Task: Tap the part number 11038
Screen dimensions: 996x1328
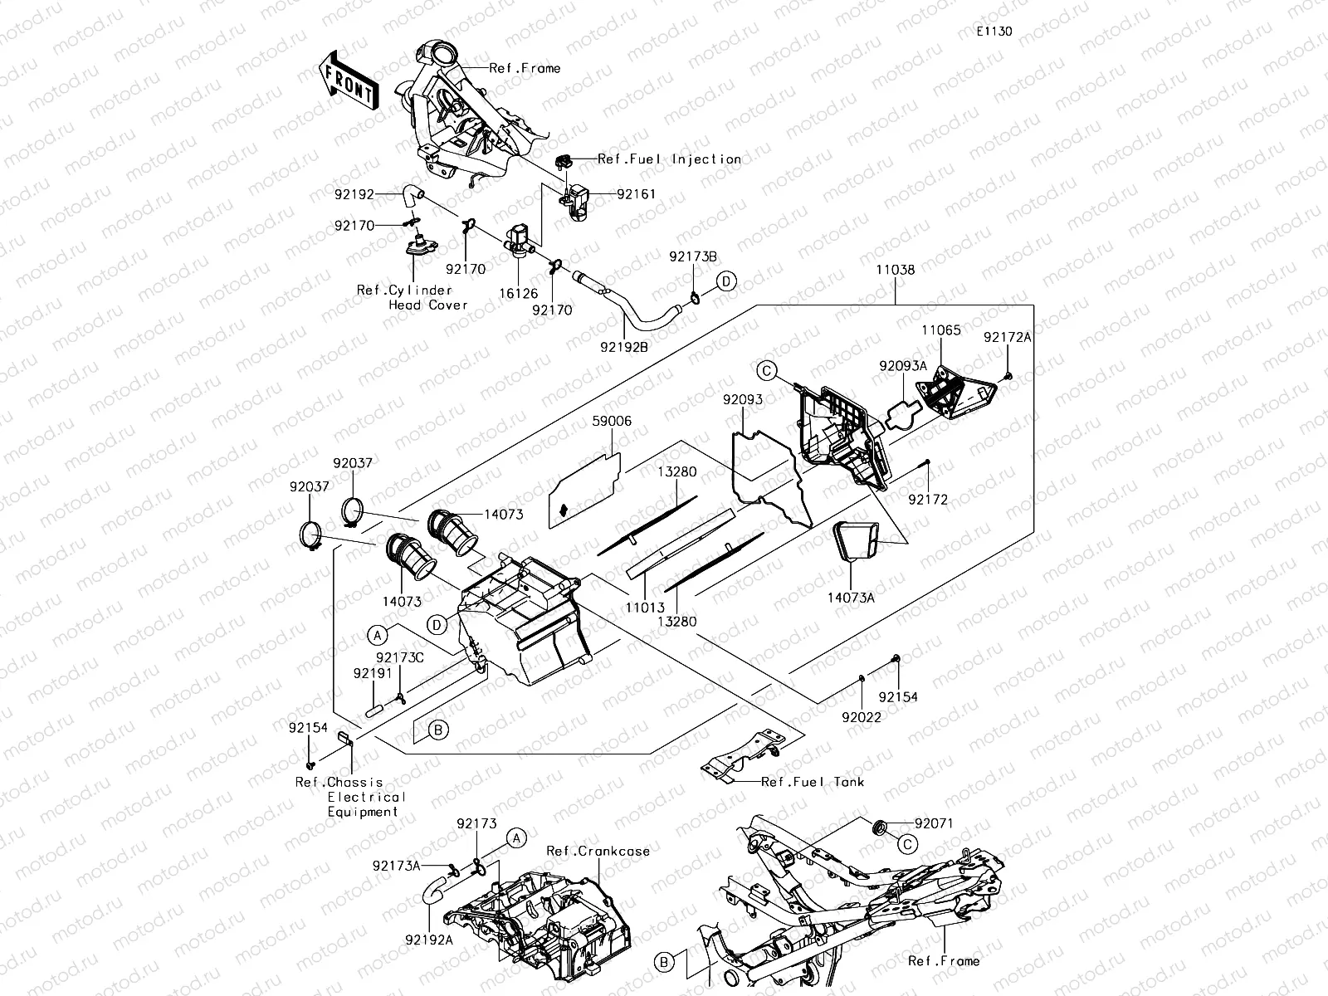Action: coord(895,270)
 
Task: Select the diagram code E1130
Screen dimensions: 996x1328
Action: coord(994,32)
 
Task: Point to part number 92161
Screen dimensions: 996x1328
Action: coord(636,194)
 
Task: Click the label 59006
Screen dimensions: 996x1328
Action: coord(612,422)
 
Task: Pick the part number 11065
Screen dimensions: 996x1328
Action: coord(941,330)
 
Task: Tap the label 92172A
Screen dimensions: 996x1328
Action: coord(1008,338)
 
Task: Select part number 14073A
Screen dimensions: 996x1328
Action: coord(851,596)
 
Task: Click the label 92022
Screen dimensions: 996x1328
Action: coord(862,716)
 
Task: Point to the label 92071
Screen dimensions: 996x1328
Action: coord(934,824)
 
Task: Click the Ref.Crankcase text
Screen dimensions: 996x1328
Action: coord(598,852)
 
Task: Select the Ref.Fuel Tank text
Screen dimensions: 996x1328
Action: coord(813,782)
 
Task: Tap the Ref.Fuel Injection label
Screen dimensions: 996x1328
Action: coord(669,159)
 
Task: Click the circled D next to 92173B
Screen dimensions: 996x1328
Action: coord(726,281)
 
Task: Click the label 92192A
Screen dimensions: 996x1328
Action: coord(429,940)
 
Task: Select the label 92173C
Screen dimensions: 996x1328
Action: coord(400,658)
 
